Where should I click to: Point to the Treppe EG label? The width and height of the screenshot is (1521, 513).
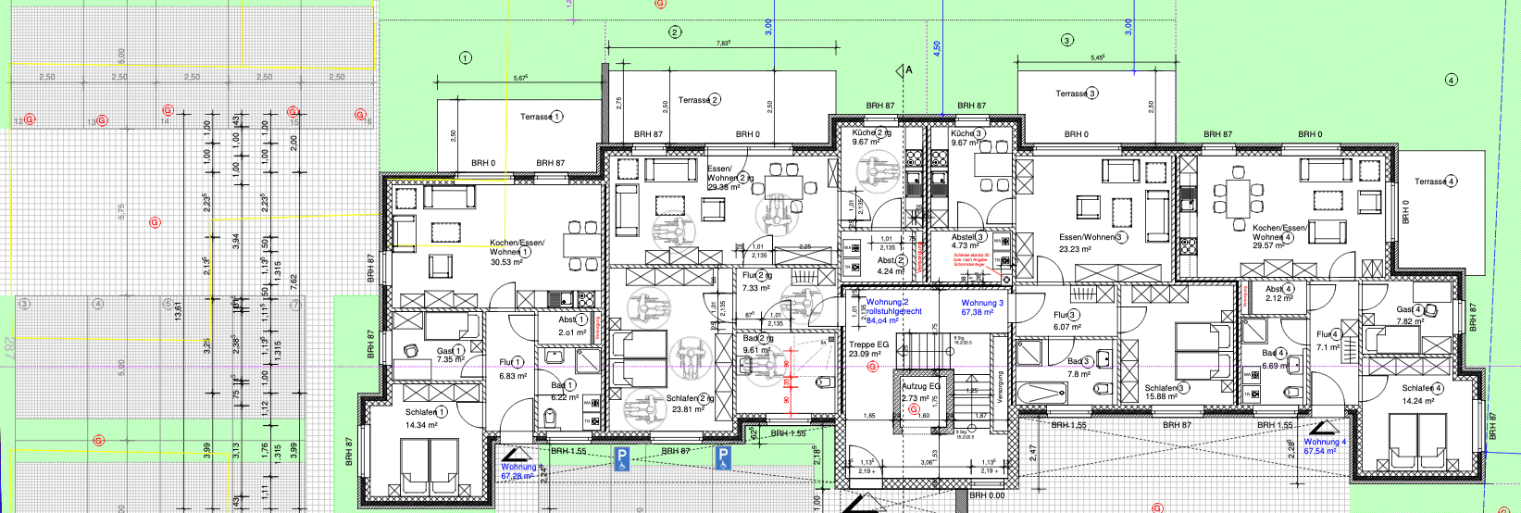[868, 344]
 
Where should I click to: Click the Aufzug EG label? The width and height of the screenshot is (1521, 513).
[920, 386]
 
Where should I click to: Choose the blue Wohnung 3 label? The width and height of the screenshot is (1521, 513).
[981, 303]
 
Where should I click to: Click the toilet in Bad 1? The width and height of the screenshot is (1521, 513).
[551, 420]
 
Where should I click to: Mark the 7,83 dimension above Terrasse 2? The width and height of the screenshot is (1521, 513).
[723, 44]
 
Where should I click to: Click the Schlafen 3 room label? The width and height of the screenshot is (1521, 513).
[1166, 388]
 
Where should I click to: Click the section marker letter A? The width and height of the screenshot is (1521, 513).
[909, 69]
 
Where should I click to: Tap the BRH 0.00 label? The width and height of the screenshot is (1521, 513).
[987, 495]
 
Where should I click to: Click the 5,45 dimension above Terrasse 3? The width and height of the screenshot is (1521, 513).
[1097, 57]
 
